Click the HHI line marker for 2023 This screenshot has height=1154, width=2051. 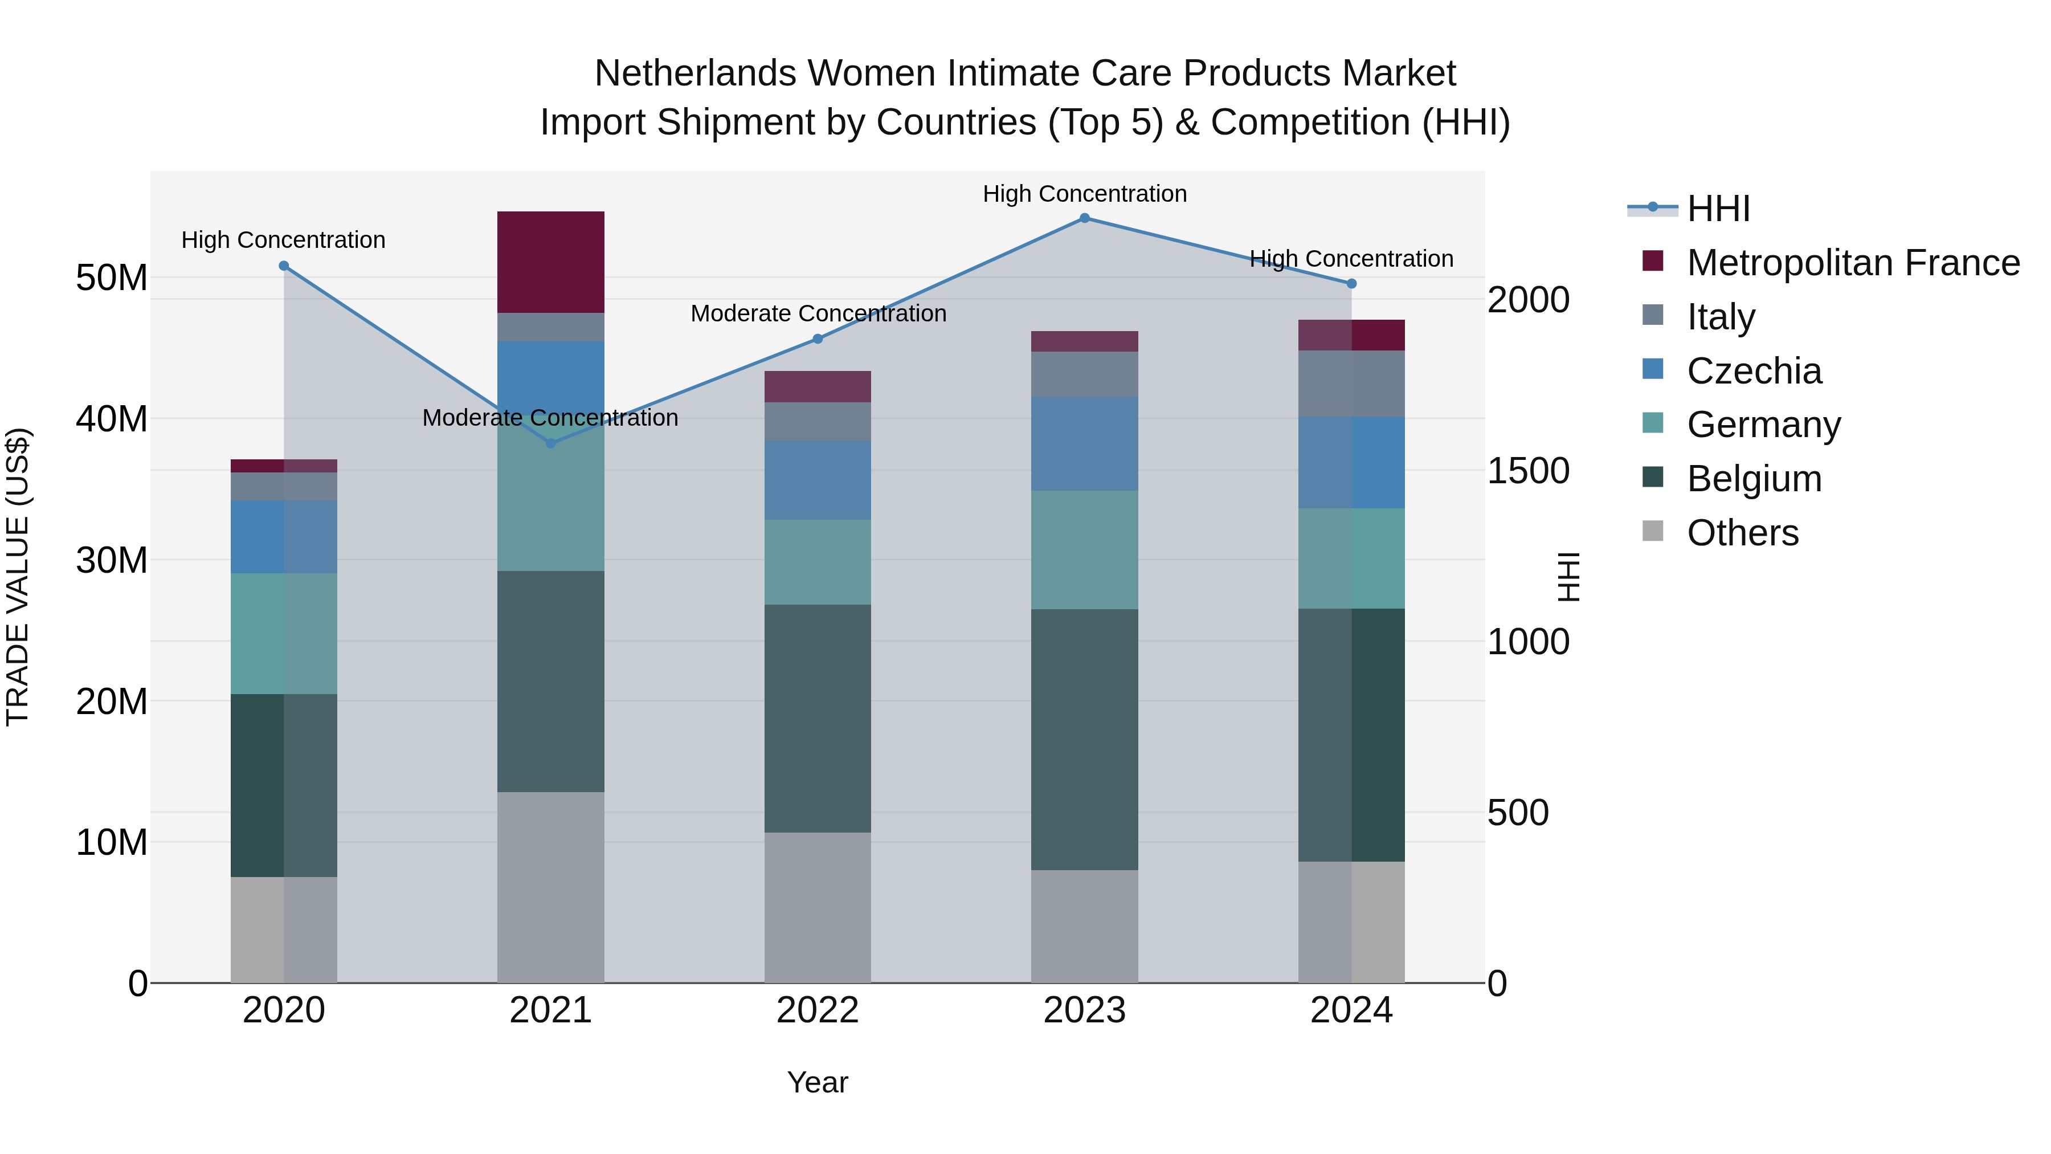point(1084,218)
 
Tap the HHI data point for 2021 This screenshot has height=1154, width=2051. point(550,443)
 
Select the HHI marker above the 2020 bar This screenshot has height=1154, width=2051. point(284,266)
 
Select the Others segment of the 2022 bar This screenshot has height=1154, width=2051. point(817,907)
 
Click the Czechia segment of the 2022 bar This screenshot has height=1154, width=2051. point(817,480)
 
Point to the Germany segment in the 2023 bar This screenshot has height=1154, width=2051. point(1084,549)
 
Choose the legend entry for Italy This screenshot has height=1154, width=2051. point(1721,317)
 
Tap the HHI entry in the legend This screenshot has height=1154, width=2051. point(1718,209)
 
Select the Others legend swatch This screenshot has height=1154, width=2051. point(1653,531)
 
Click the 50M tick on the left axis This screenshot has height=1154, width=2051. point(112,278)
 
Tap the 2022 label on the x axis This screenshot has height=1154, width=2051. point(817,1010)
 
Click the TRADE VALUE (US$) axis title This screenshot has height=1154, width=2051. point(18,577)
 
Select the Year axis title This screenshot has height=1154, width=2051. point(817,1082)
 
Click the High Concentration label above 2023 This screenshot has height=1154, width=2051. point(1084,194)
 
